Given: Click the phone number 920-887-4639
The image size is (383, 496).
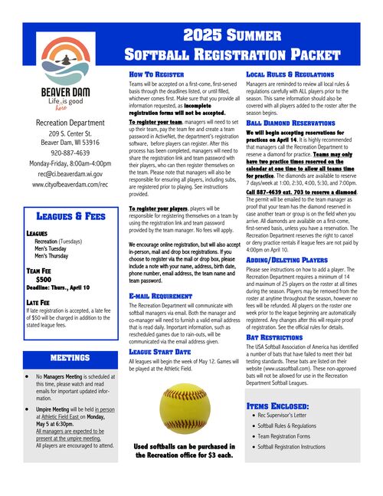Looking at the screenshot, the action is pyautogui.click(x=70, y=153).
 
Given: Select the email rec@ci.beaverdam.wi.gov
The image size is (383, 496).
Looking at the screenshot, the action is pyautogui.click(x=70, y=173).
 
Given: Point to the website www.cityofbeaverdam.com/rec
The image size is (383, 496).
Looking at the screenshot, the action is pyautogui.click(x=70, y=185).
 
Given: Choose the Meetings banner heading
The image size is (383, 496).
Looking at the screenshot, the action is pyautogui.click(x=70, y=357).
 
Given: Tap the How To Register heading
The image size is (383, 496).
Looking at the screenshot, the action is pyautogui.click(x=157, y=74).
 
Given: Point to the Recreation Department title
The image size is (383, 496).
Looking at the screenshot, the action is pyautogui.click(x=70, y=123).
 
